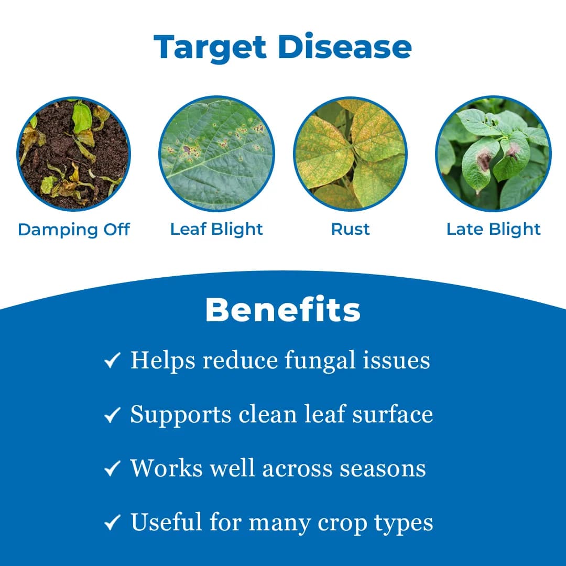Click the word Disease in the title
click(345, 47)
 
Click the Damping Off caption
click(73, 230)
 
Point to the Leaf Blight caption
click(216, 229)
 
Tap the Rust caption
click(350, 229)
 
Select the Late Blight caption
click(493, 229)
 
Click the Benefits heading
click(282, 310)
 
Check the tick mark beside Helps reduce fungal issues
click(112, 361)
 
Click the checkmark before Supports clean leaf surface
click(112, 415)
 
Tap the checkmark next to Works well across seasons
click(112, 469)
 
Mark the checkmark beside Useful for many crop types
click(112, 523)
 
